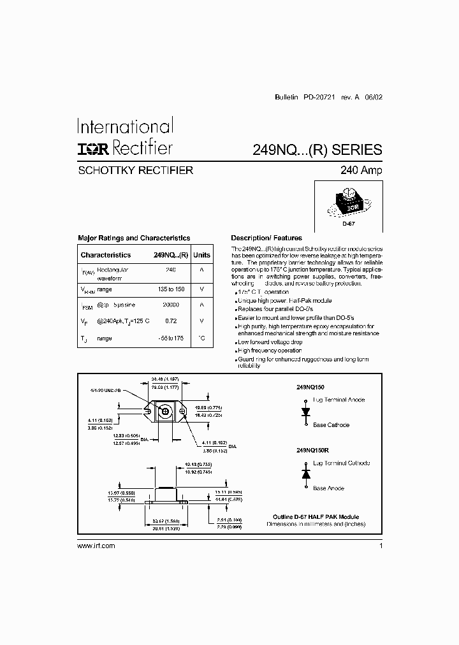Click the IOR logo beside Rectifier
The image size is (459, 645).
[x=94, y=149]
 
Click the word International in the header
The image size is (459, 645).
[x=125, y=126]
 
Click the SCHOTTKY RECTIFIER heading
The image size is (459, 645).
[x=135, y=170]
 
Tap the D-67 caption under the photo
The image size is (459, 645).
[x=347, y=224]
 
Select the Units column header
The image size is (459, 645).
[x=201, y=255]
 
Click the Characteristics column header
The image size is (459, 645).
[x=106, y=255]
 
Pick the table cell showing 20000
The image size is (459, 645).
[x=170, y=305]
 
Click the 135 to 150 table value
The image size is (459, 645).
[x=170, y=289]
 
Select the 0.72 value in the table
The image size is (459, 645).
[x=170, y=321]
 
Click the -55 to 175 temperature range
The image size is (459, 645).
[x=170, y=338]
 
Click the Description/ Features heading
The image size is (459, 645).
[x=266, y=238]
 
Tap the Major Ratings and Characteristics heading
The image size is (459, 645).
[x=134, y=238]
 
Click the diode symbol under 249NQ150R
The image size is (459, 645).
[x=305, y=475]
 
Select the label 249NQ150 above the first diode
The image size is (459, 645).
[x=310, y=387]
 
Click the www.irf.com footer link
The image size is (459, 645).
[x=96, y=546]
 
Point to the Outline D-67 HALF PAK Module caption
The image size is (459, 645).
[x=316, y=517]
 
